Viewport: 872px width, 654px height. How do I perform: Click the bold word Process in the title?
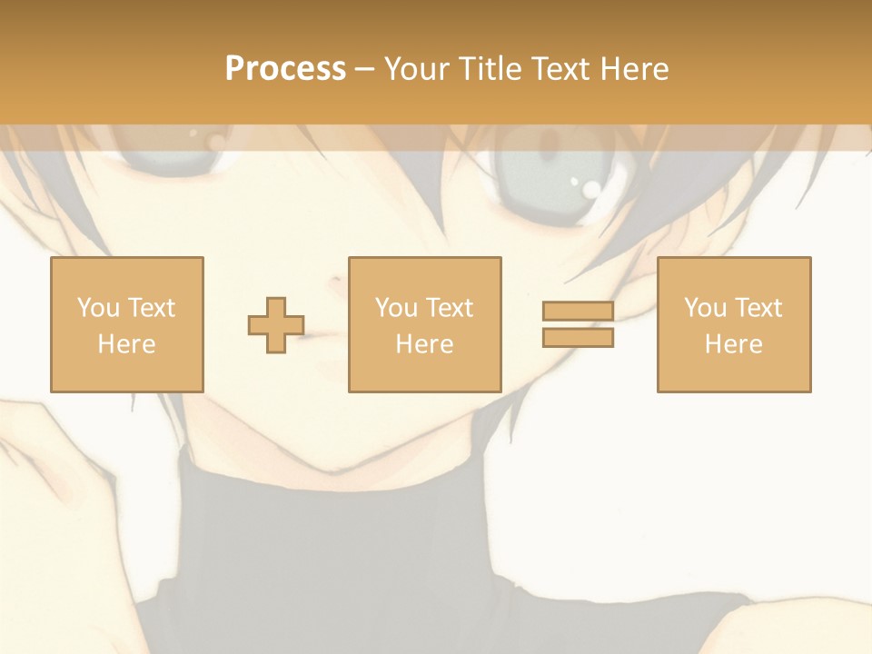pos(285,69)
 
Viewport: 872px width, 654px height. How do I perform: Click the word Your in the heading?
pos(417,69)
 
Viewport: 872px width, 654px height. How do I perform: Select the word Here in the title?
pos(634,69)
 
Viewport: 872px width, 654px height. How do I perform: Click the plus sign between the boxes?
pos(276,324)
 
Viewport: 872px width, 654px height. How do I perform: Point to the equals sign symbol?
pos(578,324)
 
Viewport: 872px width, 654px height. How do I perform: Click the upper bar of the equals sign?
pos(578,312)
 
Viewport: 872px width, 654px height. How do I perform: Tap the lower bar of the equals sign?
pos(578,337)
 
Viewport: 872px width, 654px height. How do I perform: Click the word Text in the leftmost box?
pos(151,308)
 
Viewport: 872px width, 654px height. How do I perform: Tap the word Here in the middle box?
pos(425,344)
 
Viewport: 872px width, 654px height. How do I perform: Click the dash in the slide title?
pos(364,69)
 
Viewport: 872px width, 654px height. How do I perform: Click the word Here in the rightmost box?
pos(734,344)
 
